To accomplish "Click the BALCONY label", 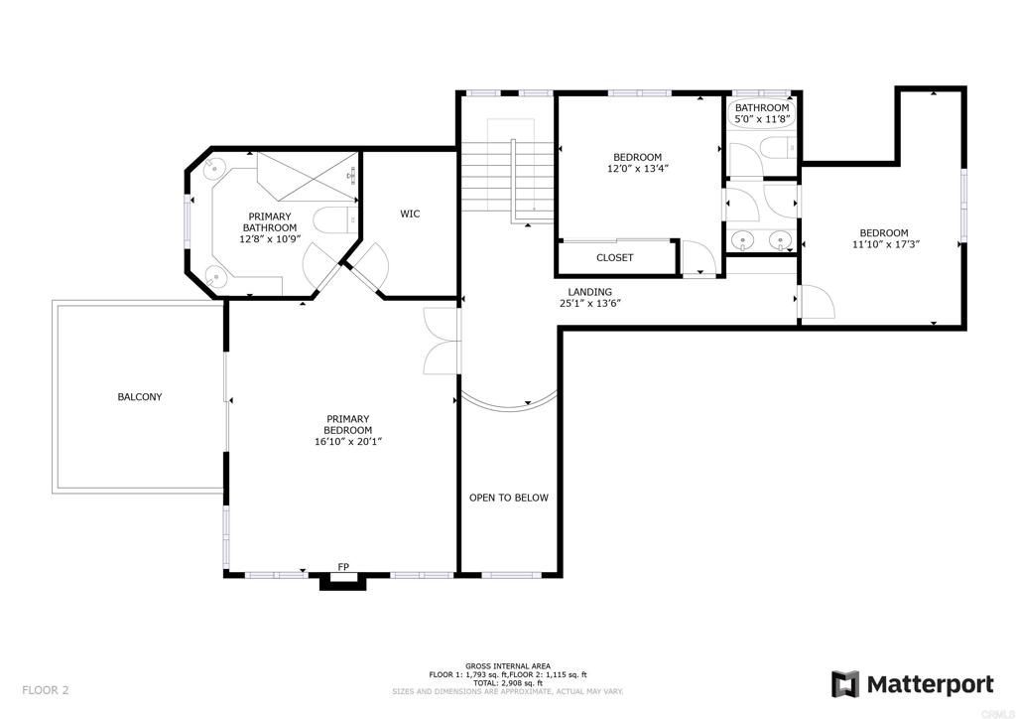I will [x=140, y=397].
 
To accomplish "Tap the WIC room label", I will [x=410, y=214].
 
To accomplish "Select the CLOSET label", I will [x=614, y=258].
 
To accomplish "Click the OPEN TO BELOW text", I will [x=508, y=498].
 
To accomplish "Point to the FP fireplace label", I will [x=343, y=567].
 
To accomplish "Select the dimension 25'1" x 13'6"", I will [x=590, y=304].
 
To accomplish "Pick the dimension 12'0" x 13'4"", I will [x=637, y=169].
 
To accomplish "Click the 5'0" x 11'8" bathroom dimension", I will [x=762, y=120].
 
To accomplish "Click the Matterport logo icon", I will [x=845, y=684].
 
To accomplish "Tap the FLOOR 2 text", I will [x=46, y=689].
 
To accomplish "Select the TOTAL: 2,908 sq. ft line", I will [x=507, y=683].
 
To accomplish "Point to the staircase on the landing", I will [x=505, y=174].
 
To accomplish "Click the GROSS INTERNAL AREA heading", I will [x=507, y=665].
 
